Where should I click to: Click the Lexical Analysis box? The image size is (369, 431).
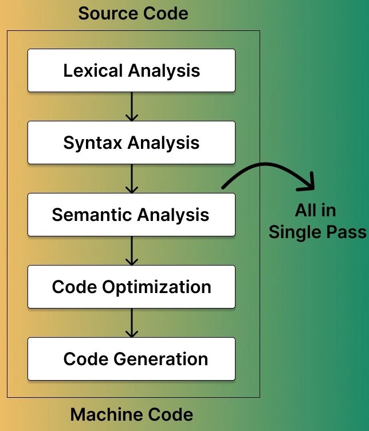pyautogui.click(x=131, y=70)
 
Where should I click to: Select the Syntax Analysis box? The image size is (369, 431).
pyautogui.click(x=131, y=143)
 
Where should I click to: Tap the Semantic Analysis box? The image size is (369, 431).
pyautogui.click(x=131, y=215)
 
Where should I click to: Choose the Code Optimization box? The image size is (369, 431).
pyautogui.click(x=131, y=287)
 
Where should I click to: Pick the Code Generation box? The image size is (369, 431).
pyautogui.click(x=131, y=359)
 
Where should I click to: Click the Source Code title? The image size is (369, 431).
pyautogui.click(x=133, y=13)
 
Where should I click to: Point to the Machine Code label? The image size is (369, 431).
pyautogui.click(x=132, y=414)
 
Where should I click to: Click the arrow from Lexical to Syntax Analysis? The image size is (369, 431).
pyautogui.click(x=132, y=106)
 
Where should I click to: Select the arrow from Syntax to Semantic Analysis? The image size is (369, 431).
pyautogui.click(x=132, y=179)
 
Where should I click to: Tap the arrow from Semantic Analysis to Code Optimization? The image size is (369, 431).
pyautogui.click(x=132, y=251)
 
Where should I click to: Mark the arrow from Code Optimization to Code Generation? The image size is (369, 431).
pyautogui.click(x=132, y=323)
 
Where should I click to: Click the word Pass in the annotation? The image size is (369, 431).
pyautogui.click(x=347, y=232)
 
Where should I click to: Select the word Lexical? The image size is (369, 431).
pyautogui.click(x=93, y=70)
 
